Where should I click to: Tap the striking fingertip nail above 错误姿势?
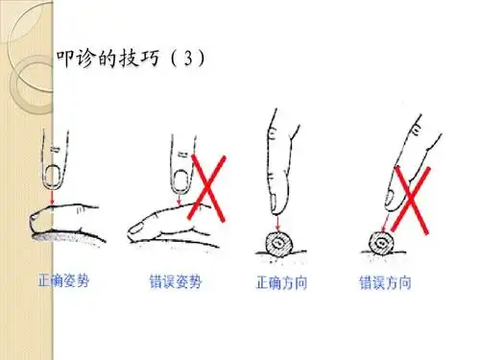(x=180, y=177)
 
